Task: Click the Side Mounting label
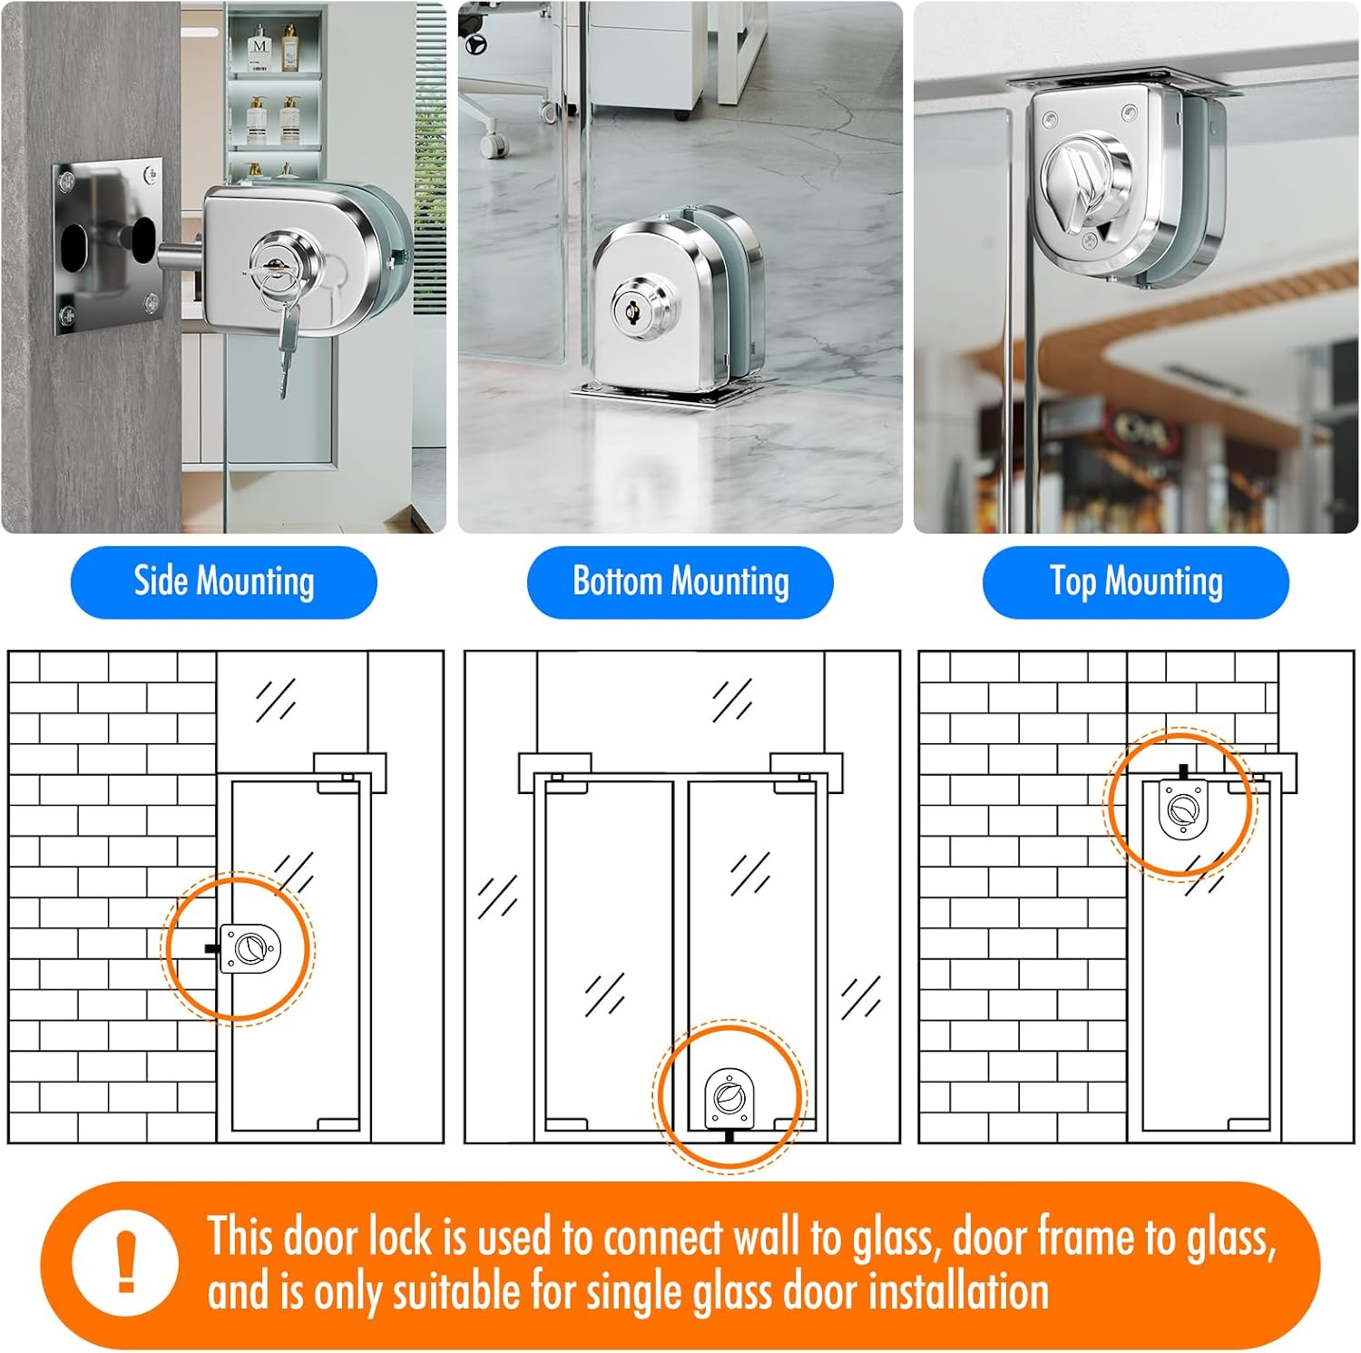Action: [x=224, y=582]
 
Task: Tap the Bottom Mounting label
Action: [x=680, y=582]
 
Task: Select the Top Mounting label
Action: [x=1136, y=582]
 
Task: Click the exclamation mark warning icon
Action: [x=126, y=1264]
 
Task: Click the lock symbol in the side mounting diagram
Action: [x=249, y=948]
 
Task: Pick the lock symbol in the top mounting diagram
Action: [x=1182, y=808]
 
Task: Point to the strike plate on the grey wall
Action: [x=107, y=246]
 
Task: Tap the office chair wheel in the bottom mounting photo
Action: [x=494, y=144]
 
